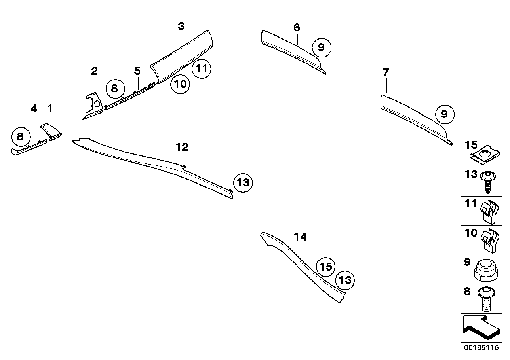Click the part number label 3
pyautogui.click(x=181, y=27)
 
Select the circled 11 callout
pyautogui.click(x=202, y=69)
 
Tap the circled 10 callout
pyautogui.click(x=180, y=84)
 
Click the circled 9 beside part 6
pyautogui.click(x=321, y=47)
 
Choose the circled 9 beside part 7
pyautogui.click(x=444, y=114)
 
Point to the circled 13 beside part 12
pyautogui.click(x=243, y=183)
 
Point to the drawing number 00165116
pyautogui.click(x=481, y=348)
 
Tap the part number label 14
pyautogui.click(x=300, y=237)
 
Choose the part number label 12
pyautogui.click(x=182, y=147)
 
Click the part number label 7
pyautogui.click(x=386, y=72)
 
